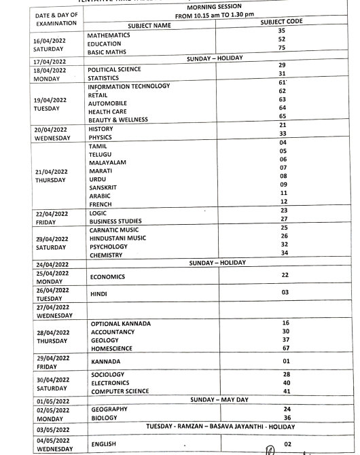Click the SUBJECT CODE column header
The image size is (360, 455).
pos(281,22)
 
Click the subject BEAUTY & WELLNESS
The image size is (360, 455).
pos(118,117)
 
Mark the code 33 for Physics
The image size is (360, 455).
pos(282,134)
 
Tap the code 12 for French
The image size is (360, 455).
pos(283,202)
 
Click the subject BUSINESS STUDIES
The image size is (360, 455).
pos(115,221)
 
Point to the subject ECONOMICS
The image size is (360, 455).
pos(107,277)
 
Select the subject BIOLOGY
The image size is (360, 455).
pos(104,418)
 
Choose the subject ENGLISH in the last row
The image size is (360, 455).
pos(104,443)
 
